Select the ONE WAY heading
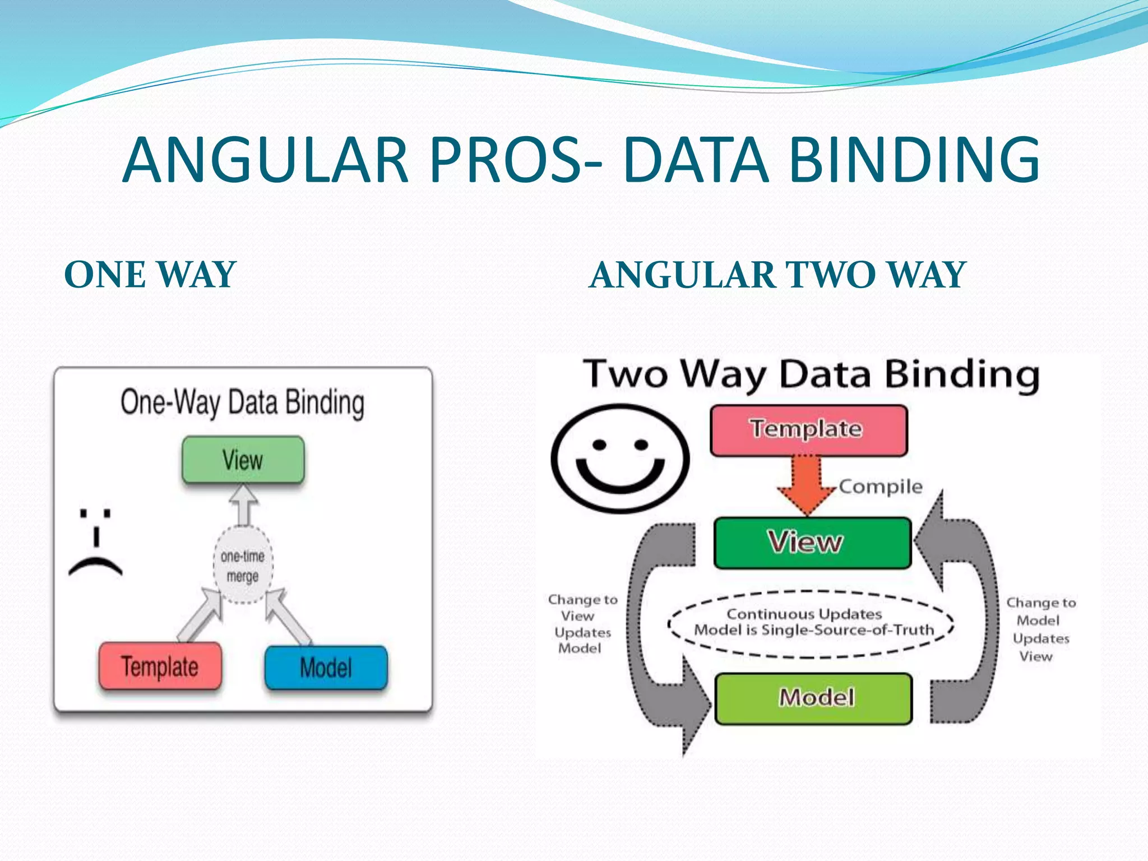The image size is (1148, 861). tap(150, 275)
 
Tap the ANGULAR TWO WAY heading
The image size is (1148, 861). tap(778, 275)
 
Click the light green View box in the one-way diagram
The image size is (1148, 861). tap(243, 460)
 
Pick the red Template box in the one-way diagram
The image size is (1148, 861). tap(160, 666)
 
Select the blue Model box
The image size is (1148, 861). tap(326, 667)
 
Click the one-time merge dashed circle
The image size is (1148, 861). tap(243, 566)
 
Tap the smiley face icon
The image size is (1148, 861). tap(620, 459)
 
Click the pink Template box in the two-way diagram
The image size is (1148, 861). tap(808, 429)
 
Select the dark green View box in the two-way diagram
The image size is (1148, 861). tap(812, 543)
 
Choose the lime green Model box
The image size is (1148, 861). tap(814, 698)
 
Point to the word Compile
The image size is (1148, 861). tap(881, 487)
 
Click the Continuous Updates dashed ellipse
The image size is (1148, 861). tap(811, 623)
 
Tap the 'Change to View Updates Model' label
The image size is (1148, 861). tap(582, 624)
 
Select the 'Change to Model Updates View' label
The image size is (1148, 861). tap(1040, 629)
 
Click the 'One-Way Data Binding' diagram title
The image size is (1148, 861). tap(243, 402)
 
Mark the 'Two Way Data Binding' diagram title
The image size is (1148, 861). tap(811, 374)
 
